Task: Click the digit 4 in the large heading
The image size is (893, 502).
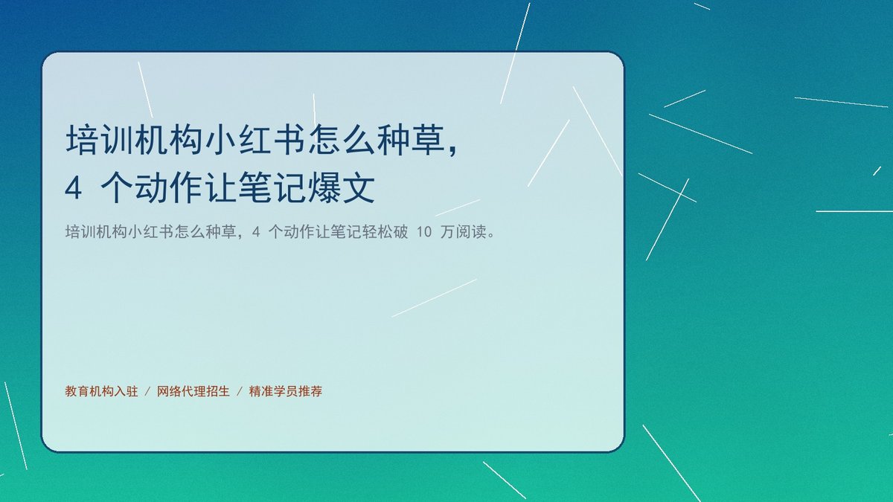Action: point(74,188)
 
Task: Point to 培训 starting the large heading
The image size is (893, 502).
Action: point(99,140)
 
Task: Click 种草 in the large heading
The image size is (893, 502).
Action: point(411,140)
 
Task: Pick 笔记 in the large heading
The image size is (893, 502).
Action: point(272,187)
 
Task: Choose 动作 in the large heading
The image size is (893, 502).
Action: point(169,187)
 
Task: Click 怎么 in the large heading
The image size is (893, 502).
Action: point(342,140)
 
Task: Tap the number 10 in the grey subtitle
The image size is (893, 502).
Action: point(424,232)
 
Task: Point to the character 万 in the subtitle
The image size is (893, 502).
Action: point(448,231)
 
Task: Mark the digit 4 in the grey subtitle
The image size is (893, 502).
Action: point(256,232)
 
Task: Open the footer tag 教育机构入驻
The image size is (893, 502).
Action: point(101,391)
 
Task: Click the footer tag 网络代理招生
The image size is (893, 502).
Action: point(193,391)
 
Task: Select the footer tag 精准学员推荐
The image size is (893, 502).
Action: point(286,391)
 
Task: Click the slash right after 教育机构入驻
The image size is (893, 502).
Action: point(147,392)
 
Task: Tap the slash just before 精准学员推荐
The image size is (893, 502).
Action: point(239,392)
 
